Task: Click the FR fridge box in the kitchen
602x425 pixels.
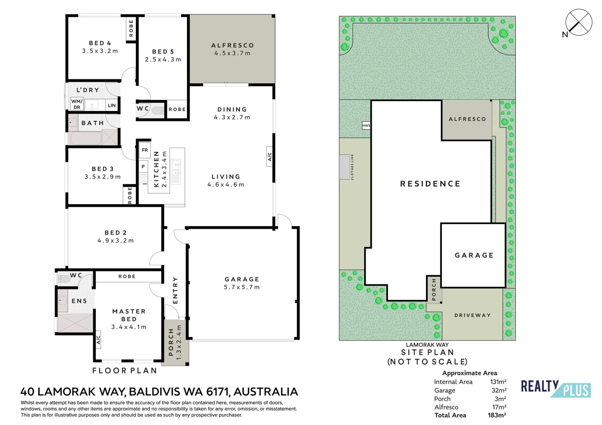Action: click(x=145, y=150)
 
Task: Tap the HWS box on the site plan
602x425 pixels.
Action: click(x=366, y=125)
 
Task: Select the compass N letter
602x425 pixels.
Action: click(x=565, y=35)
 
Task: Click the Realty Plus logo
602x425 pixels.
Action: click(x=556, y=389)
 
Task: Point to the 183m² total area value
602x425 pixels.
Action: click(x=497, y=415)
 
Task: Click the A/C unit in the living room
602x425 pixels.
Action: click(x=270, y=156)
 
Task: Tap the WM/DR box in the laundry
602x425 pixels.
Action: click(x=77, y=104)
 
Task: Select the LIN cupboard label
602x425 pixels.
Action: click(x=112, y=105)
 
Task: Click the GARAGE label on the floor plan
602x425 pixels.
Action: click(x=242, y=279)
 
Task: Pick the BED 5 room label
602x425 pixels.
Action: click(x=163, y=52)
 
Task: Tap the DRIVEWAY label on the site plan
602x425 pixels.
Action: click(x=473, y=315)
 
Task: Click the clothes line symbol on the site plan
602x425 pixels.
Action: click(x=345, y=167)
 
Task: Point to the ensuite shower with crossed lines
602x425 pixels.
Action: click(x=75, y=323)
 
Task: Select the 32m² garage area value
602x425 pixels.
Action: click(x=499, y=390)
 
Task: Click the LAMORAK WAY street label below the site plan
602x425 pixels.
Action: click(x=427, y=345)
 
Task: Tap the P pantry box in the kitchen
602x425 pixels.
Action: click(x=143, y=166)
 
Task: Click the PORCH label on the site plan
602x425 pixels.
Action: click(x=434, y=289)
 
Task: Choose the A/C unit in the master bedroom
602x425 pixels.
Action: click(x=98, y=340)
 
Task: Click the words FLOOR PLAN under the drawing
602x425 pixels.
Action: click(x=125, y=371)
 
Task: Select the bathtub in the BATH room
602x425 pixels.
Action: click(x=85, y=138)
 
